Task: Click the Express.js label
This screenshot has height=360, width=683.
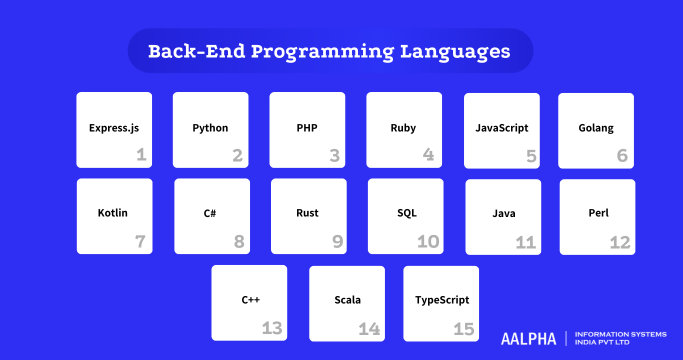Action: [x=114, y=129]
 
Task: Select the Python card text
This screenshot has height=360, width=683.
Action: [x=210, y=129]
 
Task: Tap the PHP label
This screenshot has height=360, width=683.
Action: [x=307, y=129]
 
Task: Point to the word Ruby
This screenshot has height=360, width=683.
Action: [x=403, y=129]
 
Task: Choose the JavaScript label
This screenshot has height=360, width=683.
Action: [x=501, y=129]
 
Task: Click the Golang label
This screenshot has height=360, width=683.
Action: [x=596, y=129]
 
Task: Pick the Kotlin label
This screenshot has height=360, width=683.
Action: [x=113, y=214]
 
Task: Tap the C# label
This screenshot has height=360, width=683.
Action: [x=211, y=214]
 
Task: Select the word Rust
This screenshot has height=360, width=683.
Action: [x=307, y=214]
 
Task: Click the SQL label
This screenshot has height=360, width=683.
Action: [x=405, y=214]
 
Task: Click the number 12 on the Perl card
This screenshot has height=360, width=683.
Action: [x=620, y=242]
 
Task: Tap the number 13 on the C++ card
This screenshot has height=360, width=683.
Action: [x=272, y=328]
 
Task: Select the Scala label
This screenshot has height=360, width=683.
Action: [x=347, y=300]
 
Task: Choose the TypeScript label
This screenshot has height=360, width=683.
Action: [x=441, y=300]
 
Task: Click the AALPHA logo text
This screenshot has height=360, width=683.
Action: [x=528, y=338]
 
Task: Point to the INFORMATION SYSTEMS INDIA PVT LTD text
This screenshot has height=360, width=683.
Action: [x=621, y=338]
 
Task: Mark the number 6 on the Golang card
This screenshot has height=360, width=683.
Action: [x=622, y=156]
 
